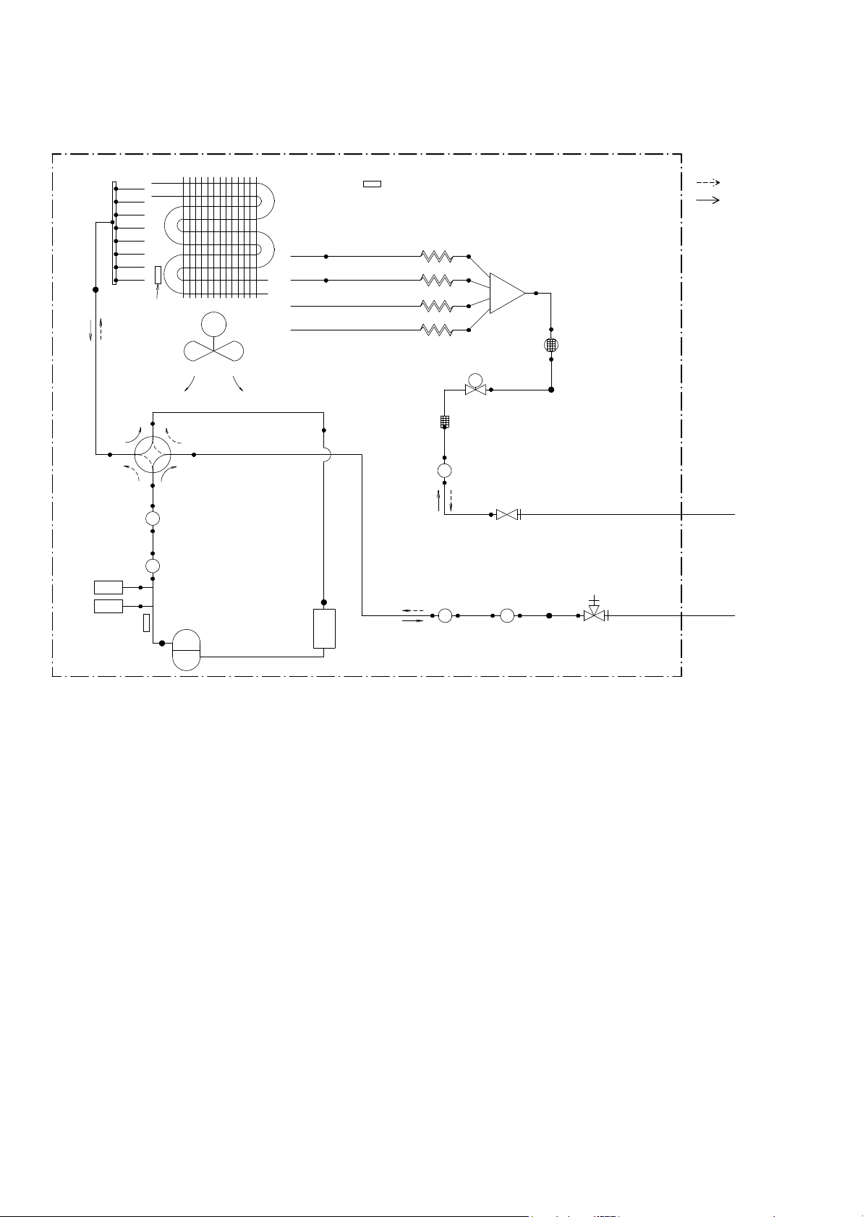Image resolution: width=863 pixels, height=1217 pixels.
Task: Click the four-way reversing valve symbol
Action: point(153,455)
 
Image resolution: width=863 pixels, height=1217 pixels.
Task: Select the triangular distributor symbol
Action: point(506,293)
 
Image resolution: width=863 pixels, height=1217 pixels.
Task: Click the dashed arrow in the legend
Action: point(708,183)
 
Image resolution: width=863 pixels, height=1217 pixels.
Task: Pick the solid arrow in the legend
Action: point(708,200)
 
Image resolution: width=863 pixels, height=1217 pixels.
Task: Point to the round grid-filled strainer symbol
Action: point(551,344)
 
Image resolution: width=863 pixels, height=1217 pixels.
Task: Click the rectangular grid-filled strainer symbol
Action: point(445,421)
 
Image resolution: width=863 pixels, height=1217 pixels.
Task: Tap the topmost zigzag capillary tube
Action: point(437,257)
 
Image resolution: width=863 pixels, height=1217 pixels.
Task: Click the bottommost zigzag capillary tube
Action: point(437,330)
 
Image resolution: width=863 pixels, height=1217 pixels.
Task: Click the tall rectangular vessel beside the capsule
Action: point(324,628)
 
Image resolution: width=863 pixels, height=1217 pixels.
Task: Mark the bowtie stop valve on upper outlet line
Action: point(507,515)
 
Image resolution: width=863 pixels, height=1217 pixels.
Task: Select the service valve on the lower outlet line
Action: point(594,615)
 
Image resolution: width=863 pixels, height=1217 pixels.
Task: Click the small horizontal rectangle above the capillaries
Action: point(372,184)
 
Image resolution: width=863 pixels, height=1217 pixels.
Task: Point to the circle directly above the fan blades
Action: point(213,323)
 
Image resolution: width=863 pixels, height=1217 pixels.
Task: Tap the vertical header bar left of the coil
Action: point(114,233)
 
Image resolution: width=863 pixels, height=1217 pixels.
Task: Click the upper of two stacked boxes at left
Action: point(109,587)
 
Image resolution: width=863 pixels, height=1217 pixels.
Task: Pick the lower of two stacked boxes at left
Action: point(109,606)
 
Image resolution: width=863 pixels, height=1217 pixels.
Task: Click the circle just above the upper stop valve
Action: point(444,471)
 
